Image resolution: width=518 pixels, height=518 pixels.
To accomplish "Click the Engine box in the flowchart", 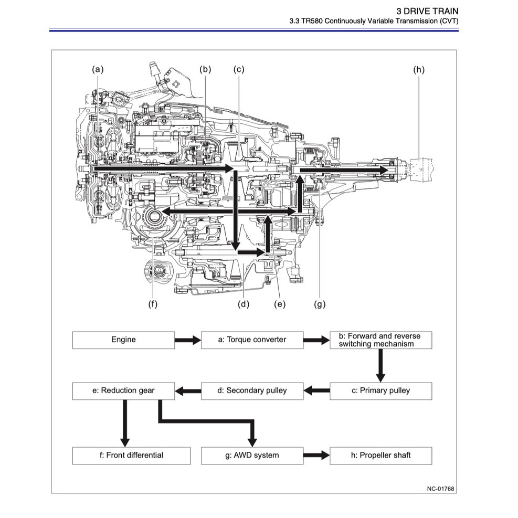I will [123, 340].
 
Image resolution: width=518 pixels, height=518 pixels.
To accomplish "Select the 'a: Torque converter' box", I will [252, 340].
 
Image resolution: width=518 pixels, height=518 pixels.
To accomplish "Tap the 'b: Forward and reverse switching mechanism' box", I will [380, 340].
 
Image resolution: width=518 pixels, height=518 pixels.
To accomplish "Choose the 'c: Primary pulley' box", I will [380, 390].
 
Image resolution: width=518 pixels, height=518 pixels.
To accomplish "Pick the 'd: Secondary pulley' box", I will [252, 390].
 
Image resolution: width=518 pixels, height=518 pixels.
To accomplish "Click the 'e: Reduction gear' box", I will [123, 390].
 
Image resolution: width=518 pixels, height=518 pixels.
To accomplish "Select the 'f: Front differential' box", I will [131, 455].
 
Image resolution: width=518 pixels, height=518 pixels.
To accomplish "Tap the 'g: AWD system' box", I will [252, 455].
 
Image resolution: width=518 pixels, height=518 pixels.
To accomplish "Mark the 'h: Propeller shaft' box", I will [380, 455].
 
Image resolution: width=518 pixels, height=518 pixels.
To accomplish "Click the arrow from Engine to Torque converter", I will [187, 340].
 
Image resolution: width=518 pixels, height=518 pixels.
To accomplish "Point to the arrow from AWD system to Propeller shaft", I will [316, 456].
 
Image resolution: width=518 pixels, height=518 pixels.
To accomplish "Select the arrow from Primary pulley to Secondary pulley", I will [316, 391].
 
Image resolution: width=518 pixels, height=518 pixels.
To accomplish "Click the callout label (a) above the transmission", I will [98, 69].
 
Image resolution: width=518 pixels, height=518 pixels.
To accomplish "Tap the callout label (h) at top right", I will [418, 69].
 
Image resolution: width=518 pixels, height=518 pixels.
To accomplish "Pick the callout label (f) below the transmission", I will [153, 304].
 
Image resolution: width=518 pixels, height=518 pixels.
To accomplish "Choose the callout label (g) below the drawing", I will [320, 304].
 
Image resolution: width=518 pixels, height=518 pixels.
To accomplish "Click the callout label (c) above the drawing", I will [239, 69].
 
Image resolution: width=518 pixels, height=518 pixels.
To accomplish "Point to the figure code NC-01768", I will [440, 489].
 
